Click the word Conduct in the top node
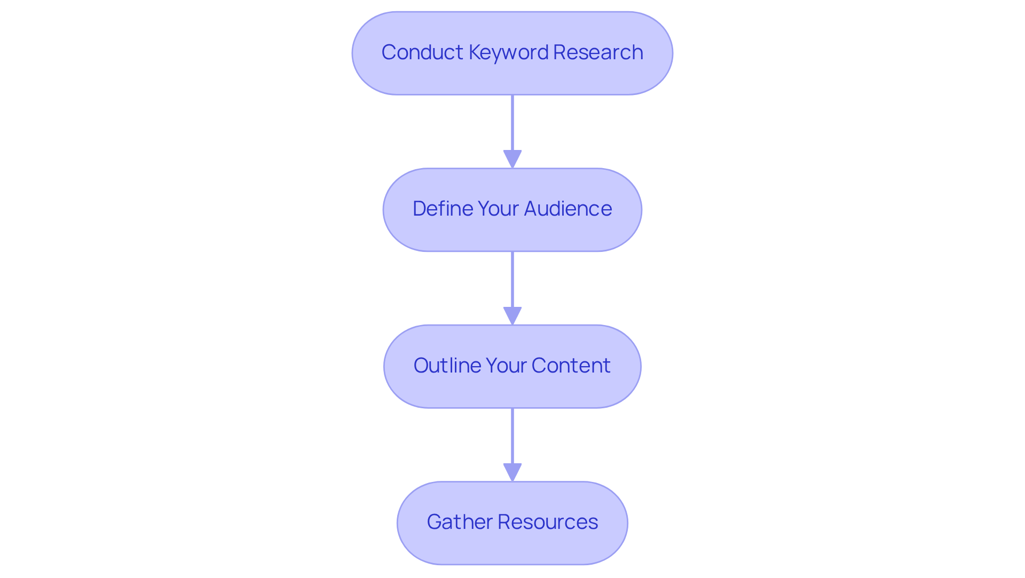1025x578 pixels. [x=422, y=52]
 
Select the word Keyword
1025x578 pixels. [x=509, y=52]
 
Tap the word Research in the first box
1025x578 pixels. [x=598, y=52]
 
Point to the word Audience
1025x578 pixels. [x=568, y=209]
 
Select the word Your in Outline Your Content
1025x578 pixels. [x=507, y=366]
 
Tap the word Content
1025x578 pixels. [x=571, y=366]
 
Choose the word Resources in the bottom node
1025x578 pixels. [x=548, y=522]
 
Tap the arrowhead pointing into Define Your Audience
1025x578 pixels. [x=512, y=159]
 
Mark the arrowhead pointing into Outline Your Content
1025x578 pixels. [x=512, y=315]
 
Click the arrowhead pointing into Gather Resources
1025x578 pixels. [x=512, y=472]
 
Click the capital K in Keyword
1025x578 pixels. [x=474, y=52]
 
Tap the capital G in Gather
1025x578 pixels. [x=434, y=522]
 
